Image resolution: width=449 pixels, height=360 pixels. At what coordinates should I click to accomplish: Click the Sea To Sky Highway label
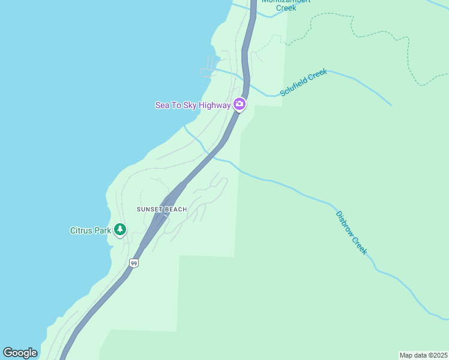[193, 105]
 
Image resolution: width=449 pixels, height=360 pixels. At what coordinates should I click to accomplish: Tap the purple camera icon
[240, 104]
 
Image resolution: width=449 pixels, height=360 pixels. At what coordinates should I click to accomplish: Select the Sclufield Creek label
[304, 83]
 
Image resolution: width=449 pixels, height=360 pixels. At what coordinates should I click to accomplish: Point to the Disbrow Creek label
[351, 233]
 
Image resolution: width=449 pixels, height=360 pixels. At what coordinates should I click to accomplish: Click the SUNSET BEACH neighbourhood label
[161, 209]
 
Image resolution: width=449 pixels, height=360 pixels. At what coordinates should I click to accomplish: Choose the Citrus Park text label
[91, 230]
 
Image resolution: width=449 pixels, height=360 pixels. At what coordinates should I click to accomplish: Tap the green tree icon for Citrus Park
[120, 229]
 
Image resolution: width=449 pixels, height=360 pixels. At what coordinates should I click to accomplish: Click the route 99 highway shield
[134, 263]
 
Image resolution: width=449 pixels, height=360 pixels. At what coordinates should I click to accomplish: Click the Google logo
[20, 353]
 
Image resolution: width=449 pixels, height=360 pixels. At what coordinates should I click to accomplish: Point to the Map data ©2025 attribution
[424, 355]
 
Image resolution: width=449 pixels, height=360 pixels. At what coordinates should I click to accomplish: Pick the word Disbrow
[344, 223]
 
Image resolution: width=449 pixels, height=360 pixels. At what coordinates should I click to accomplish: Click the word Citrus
[82, 230]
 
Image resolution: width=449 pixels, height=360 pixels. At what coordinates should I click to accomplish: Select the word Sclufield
[294, 88]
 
